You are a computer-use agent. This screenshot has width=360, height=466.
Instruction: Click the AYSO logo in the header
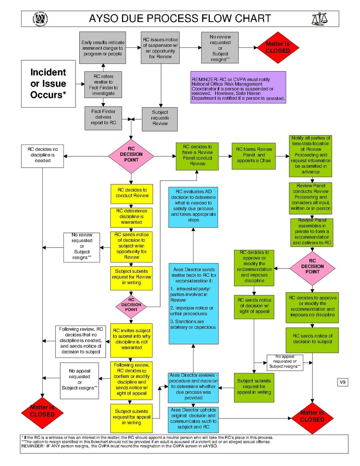pos(40,18)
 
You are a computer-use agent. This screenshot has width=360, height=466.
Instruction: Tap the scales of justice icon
pos(319,18)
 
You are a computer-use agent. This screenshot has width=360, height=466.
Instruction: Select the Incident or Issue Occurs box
pos(48,84)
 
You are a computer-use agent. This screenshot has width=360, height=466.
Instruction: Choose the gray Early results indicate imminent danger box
pos(102,48)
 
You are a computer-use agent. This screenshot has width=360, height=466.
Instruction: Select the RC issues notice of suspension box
pos(160,48)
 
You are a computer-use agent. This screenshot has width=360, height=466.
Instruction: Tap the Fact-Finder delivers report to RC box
pos(103,117)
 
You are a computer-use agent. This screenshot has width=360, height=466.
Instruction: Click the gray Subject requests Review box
pos(160,118)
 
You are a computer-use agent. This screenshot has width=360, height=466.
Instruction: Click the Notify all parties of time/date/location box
pos(310,156)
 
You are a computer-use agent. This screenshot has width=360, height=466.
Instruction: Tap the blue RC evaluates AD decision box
pos(193,206)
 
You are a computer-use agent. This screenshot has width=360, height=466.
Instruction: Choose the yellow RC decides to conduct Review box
pos(131,194)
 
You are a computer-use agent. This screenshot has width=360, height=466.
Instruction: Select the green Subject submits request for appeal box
pos(254,386)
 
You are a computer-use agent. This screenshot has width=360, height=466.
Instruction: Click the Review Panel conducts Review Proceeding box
pos(310,197)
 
